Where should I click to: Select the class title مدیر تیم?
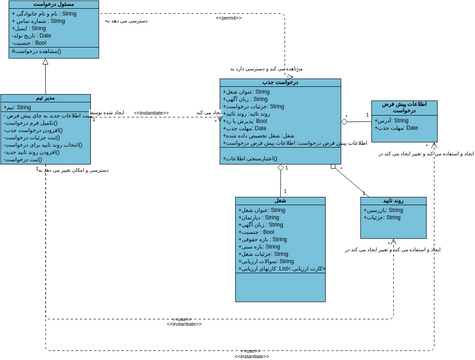pos(45,99)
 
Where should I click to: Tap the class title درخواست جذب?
pos(280,83)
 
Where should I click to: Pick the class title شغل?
pos(280,201)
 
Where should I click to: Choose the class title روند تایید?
pos(393,202)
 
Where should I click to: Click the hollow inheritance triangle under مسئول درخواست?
pos(45,63)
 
